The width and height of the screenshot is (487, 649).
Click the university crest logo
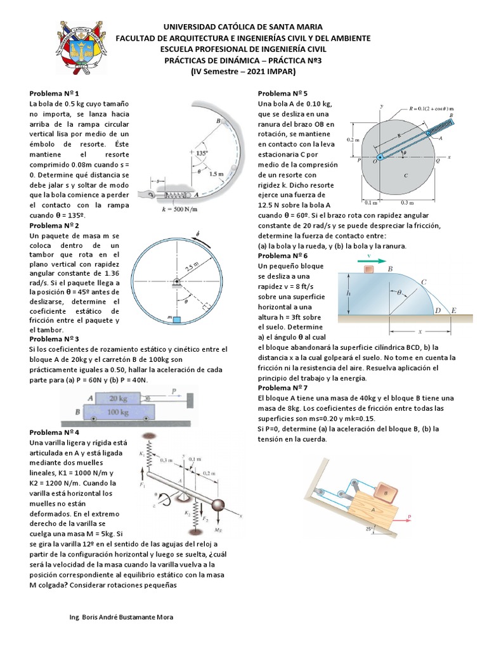tap(78, 48)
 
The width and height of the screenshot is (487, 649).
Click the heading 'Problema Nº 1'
tap(54, 93)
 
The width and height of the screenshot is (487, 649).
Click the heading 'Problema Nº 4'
tap(54, 431)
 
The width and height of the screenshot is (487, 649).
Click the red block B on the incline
tap(384, 491)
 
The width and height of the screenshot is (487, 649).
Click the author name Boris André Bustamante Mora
tap(120, 617)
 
